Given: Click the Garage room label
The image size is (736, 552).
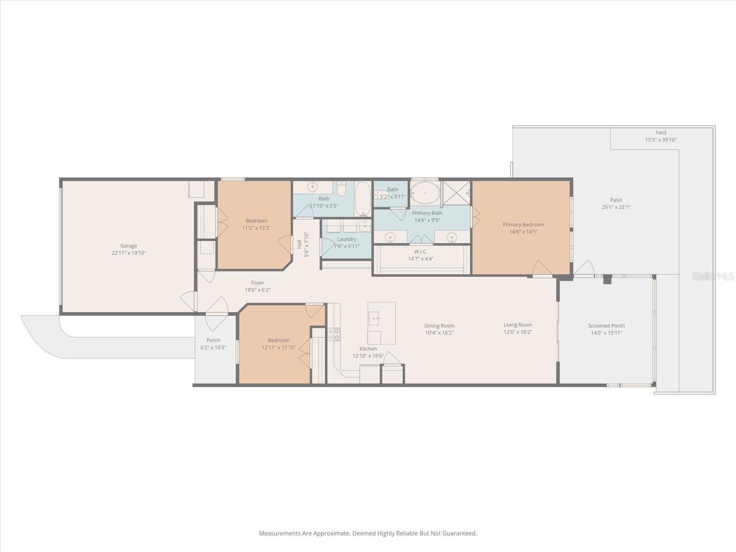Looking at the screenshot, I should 129,246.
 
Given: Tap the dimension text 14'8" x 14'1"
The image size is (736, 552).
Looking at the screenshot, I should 523,232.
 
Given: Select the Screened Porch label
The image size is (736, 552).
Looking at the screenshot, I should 606,326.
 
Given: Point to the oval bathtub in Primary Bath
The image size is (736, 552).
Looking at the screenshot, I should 425,193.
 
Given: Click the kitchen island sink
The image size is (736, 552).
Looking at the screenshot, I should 374,317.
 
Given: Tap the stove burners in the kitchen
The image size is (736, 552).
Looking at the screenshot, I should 334,334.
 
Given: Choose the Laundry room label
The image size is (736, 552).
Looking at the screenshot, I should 346,239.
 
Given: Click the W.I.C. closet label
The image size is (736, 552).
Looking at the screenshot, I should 420,252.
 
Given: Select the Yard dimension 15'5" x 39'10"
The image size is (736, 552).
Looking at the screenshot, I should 661,140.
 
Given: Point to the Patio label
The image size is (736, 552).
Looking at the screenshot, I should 616,200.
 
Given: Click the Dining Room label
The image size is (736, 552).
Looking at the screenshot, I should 439,326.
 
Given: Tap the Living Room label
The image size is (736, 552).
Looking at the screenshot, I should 517,325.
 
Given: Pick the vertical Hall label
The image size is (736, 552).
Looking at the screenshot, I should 299,244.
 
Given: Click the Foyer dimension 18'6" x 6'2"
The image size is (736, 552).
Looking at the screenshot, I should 257,290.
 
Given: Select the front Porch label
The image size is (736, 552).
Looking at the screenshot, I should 213,340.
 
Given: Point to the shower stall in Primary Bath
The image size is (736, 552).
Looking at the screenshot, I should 456,193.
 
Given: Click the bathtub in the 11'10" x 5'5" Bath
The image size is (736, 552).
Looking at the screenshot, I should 362,199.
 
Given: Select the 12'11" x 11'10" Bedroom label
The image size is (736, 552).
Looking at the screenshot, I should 279,340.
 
